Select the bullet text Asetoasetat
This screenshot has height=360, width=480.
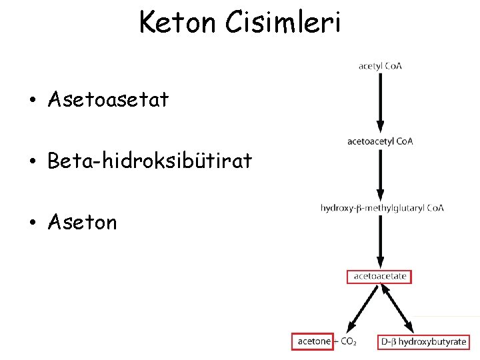pos(109,100)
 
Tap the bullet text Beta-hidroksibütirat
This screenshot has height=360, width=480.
pos(150,161)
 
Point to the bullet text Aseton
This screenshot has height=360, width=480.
pos(83,222)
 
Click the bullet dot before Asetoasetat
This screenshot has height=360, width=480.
pos(31,101)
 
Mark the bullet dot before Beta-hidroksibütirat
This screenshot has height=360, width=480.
pos(31,162)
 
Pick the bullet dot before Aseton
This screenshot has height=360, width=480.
pos(31,223)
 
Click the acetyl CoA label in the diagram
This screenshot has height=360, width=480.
pos(380,66)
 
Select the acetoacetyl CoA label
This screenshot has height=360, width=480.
pos(380,141)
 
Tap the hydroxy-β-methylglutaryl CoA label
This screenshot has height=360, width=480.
pos(382,208)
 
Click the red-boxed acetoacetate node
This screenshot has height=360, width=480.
pos(380,276)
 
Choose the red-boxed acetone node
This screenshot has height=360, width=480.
pos(314,341)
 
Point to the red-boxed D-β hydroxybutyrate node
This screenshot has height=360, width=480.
pos(424,341)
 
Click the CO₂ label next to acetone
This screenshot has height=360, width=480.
pos(349,342)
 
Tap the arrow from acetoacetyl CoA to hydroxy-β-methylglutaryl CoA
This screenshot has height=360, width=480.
pos(380,173)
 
